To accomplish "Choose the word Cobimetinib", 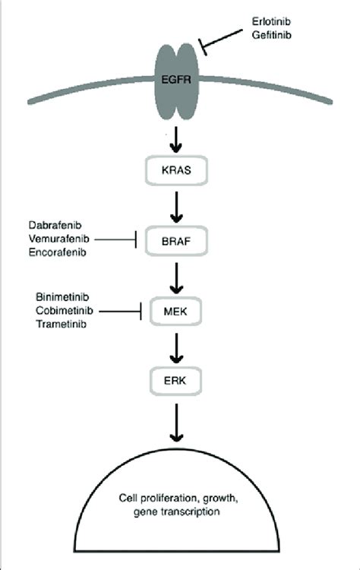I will (x=65, y=309).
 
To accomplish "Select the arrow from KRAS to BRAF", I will (x=178, y=205).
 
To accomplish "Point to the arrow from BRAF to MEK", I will (x=178, y=275).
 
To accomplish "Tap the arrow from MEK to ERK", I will (x=178, y=344).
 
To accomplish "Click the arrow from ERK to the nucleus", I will (x=178, y=422).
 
